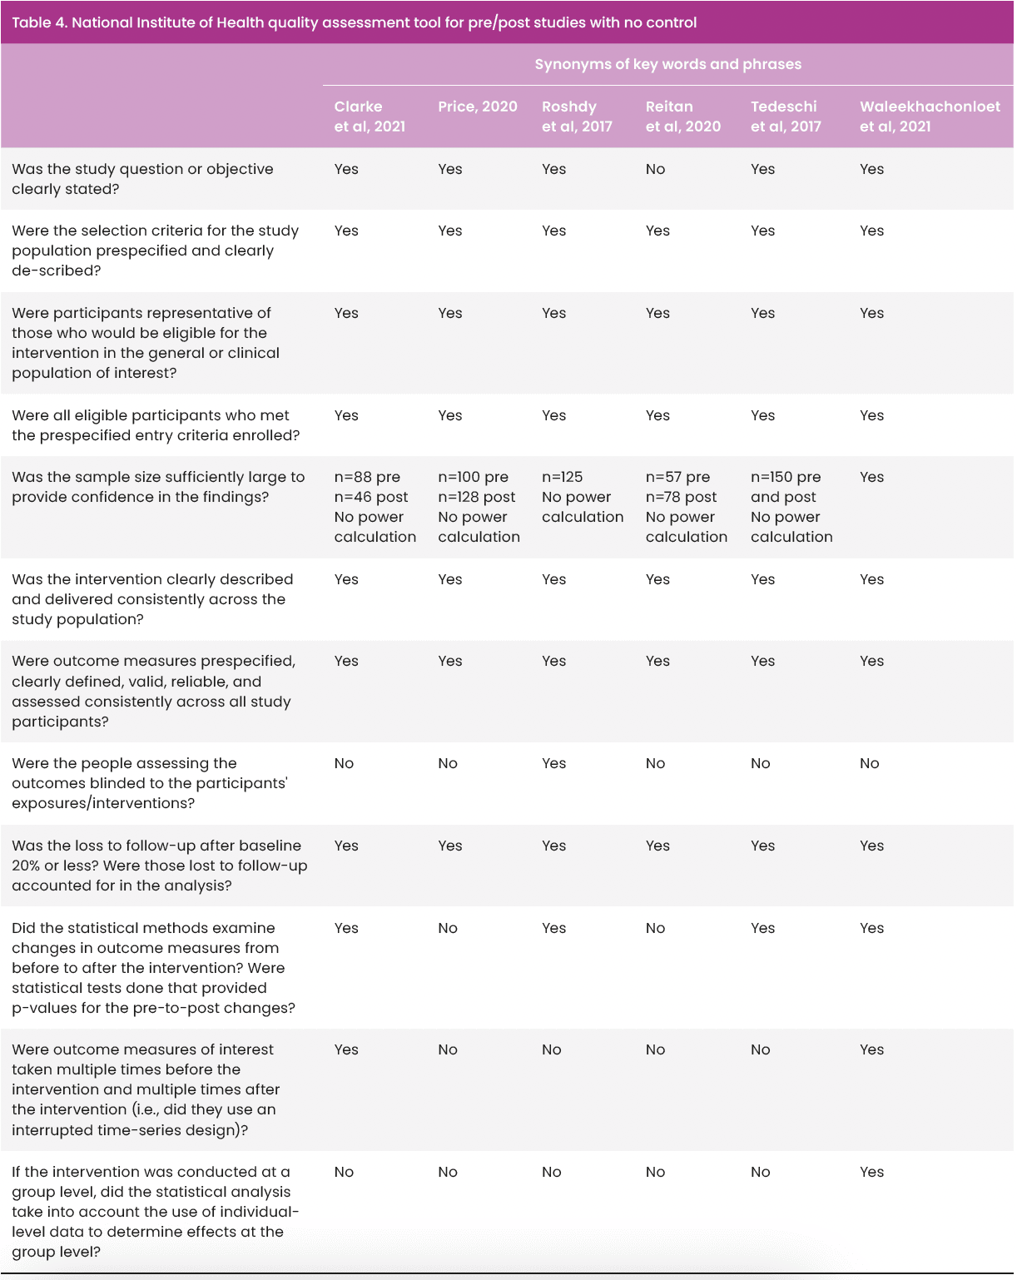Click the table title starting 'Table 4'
355,22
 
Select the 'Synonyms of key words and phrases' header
667,64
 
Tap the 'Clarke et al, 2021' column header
370,117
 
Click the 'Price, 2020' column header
478,107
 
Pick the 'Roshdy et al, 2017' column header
577,117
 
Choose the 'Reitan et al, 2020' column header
682,117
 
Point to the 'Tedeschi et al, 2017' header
786,117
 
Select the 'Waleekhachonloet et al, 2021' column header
930,117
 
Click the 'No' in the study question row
655,169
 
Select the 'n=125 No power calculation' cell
582,497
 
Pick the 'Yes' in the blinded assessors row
553,763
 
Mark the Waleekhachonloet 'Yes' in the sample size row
871,477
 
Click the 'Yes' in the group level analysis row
871,1172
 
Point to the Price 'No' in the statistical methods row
448,928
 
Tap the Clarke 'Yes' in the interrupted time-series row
346,1049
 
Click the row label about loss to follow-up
159,866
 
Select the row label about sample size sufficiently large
158,487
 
